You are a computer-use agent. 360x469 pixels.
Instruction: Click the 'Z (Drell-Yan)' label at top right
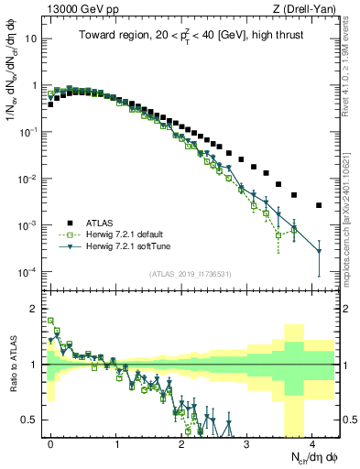coord(309,9)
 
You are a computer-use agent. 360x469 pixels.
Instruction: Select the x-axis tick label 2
coord(181,442)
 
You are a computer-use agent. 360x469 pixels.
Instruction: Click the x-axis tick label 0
coord(50,442)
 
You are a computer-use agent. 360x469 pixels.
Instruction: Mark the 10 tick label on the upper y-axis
coord(30,38)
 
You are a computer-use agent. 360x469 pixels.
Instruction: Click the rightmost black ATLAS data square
coord(319,205)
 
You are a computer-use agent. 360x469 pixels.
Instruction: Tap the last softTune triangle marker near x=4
coord(319,250)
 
